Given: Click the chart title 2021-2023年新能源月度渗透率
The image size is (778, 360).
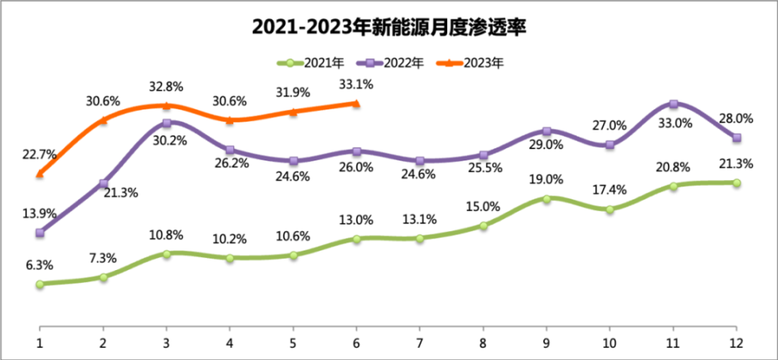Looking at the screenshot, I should click(x=390, y=28).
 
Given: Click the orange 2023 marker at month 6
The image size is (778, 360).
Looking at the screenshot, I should click(x=356, y=103).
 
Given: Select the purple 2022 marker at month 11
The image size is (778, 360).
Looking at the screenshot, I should click(x=673, y=104).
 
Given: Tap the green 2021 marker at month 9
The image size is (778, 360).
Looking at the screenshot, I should click(x=547, y=199).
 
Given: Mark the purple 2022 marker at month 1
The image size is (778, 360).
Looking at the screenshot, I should click(x=40, y=233).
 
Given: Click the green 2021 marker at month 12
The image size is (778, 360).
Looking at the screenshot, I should click(x=737, y=183).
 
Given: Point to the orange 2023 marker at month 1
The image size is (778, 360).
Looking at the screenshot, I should click(x=40, y=174).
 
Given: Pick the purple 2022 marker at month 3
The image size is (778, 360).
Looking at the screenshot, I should click(x=166, y=123).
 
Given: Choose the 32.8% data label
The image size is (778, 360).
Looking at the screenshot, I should click(x=166, y=86).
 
